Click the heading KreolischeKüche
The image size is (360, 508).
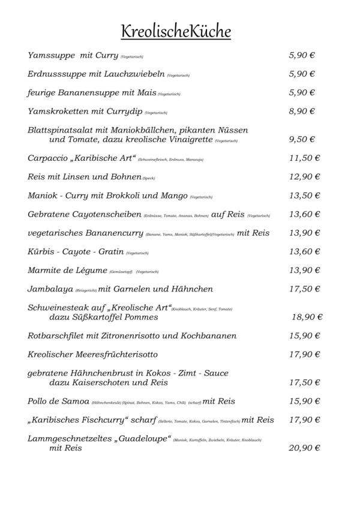tap(176, 31)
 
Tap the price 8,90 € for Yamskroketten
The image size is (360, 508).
tap(302, 111)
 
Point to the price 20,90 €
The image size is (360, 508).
tap(304, 447)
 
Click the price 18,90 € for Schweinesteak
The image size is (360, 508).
tap(307, 317)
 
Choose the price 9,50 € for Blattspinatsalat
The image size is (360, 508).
tap(302, 139)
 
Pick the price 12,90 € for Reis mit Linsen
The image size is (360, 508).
tap(304, 177)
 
